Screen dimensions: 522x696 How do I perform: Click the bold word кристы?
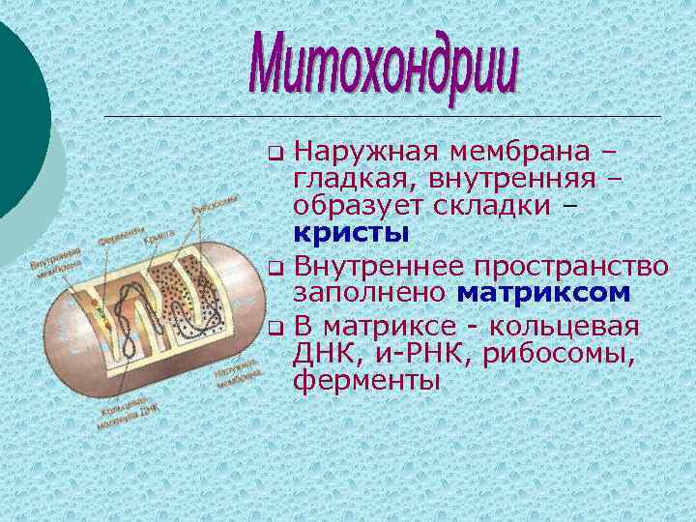350,233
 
